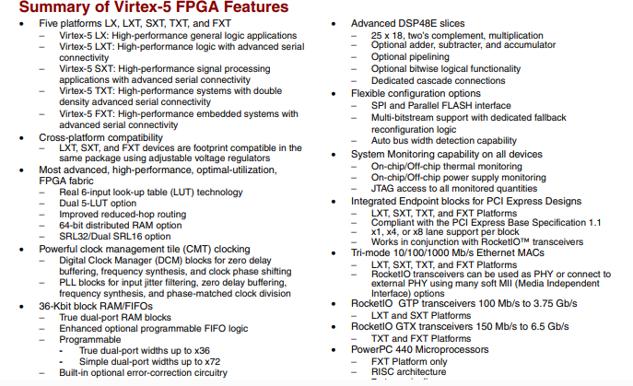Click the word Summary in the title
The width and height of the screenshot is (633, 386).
(x=46, y=8)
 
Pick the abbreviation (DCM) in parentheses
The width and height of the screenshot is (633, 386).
(x=182, y=261)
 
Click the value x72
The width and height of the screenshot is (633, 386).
(x=217, y=361)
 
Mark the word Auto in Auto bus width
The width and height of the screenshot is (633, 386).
(x=383, y=141)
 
